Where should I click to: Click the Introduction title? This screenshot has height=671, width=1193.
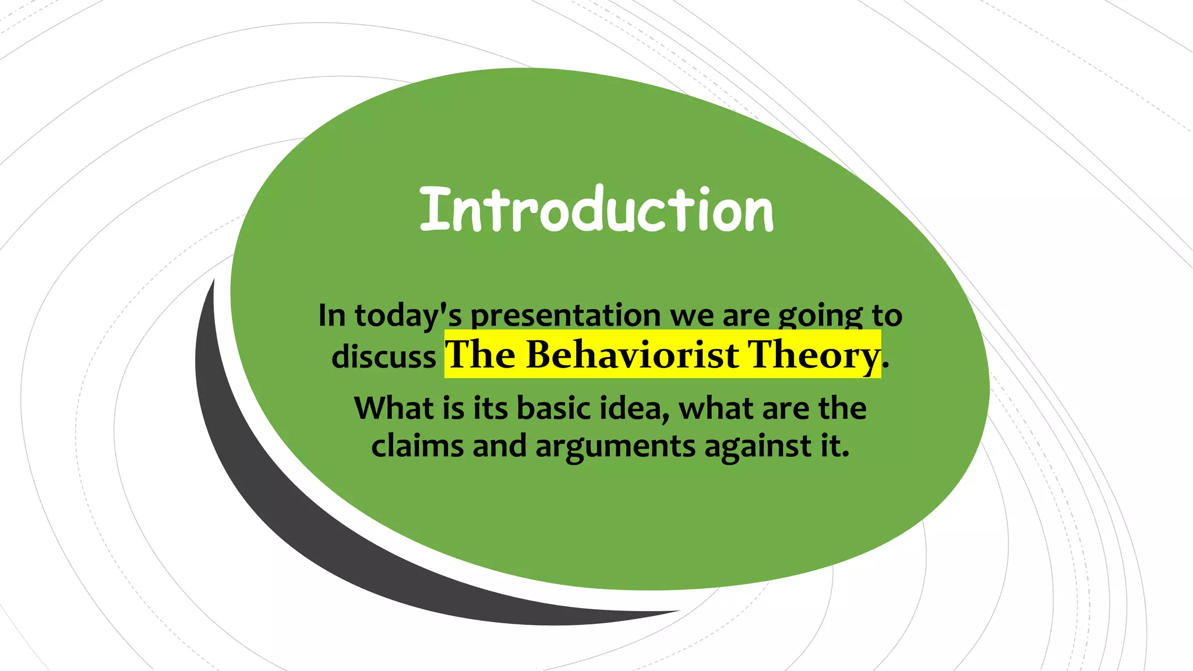tap(596, 210)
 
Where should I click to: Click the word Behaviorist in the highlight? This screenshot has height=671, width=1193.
tap(632, 354)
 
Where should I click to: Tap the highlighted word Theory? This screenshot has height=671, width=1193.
tap(814, 354)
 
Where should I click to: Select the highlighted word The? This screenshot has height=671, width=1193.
tap(480, 354)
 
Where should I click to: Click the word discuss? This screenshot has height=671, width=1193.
tap(383, 356)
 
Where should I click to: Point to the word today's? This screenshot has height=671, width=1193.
tap(408, 316)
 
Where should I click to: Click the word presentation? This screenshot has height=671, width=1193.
tap(565, 316)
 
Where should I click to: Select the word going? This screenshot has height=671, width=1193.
tap(820, 316)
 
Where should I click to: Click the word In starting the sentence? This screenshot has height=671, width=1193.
tap(332, 316)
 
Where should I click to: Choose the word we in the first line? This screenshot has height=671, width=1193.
tap(692, 316)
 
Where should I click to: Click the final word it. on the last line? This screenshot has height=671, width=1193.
tap(835, 446)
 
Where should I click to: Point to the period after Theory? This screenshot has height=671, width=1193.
tap(885, 366)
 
